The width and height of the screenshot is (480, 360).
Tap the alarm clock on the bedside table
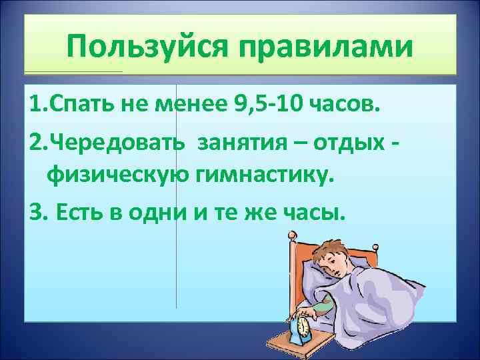click(x=304, y=326)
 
